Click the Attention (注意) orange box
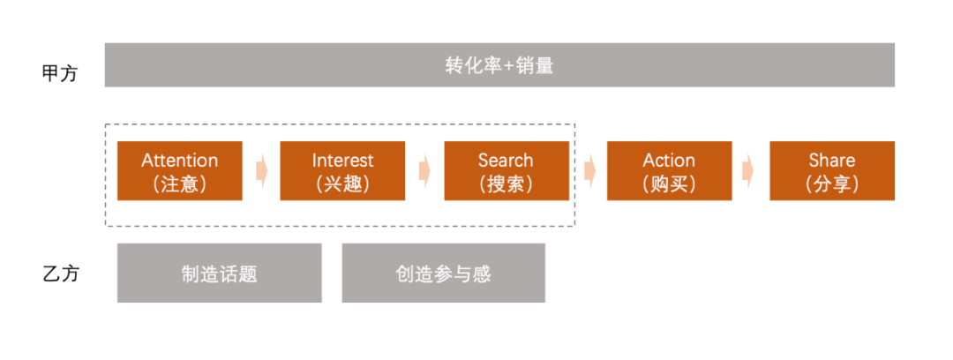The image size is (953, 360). (180, 171)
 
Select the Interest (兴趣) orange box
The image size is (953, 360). (342, 171)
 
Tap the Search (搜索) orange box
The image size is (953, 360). (506, 171)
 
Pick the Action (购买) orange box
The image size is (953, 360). (669, 171)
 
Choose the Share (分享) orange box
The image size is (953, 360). (832, 171)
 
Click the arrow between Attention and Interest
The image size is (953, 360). (261, 171)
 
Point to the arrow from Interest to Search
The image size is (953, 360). (424, 171)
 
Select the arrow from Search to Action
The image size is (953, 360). (589, 171)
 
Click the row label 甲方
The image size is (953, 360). (60, 73)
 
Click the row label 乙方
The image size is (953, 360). (60, 274)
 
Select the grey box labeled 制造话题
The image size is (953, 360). (220, 274)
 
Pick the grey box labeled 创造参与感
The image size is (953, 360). (443, 274)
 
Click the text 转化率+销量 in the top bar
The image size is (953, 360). (499, 66)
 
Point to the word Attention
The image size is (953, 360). (180, 161)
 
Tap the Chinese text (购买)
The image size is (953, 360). (669, 184)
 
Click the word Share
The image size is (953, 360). (832, 161)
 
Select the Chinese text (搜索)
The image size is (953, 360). (506, 184)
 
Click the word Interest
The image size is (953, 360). (342, 161)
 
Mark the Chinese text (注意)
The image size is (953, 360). (180, 184)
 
